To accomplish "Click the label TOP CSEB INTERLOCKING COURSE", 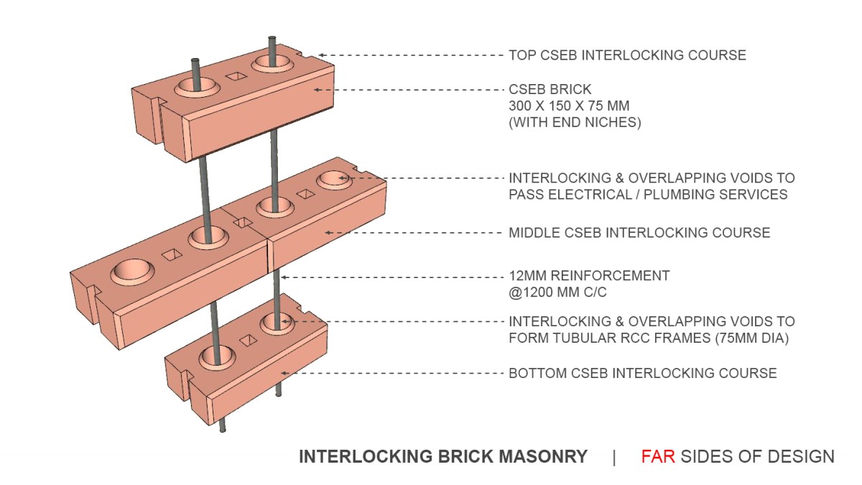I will pos(627,55).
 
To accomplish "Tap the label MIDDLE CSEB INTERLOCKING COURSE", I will pos(639,233).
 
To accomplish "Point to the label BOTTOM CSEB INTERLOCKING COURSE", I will pos(642,373).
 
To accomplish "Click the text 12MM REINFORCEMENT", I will pos(589,275).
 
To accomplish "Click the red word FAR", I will pos(658,456).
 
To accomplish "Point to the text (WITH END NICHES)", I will pos(575,123).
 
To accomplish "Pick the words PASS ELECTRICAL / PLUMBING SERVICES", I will pos(648,194).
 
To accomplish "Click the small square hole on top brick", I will pos(233,76).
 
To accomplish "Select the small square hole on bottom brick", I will pos(248,340).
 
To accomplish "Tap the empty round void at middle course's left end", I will pos(132,271).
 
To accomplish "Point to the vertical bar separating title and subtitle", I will pos(614,457).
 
